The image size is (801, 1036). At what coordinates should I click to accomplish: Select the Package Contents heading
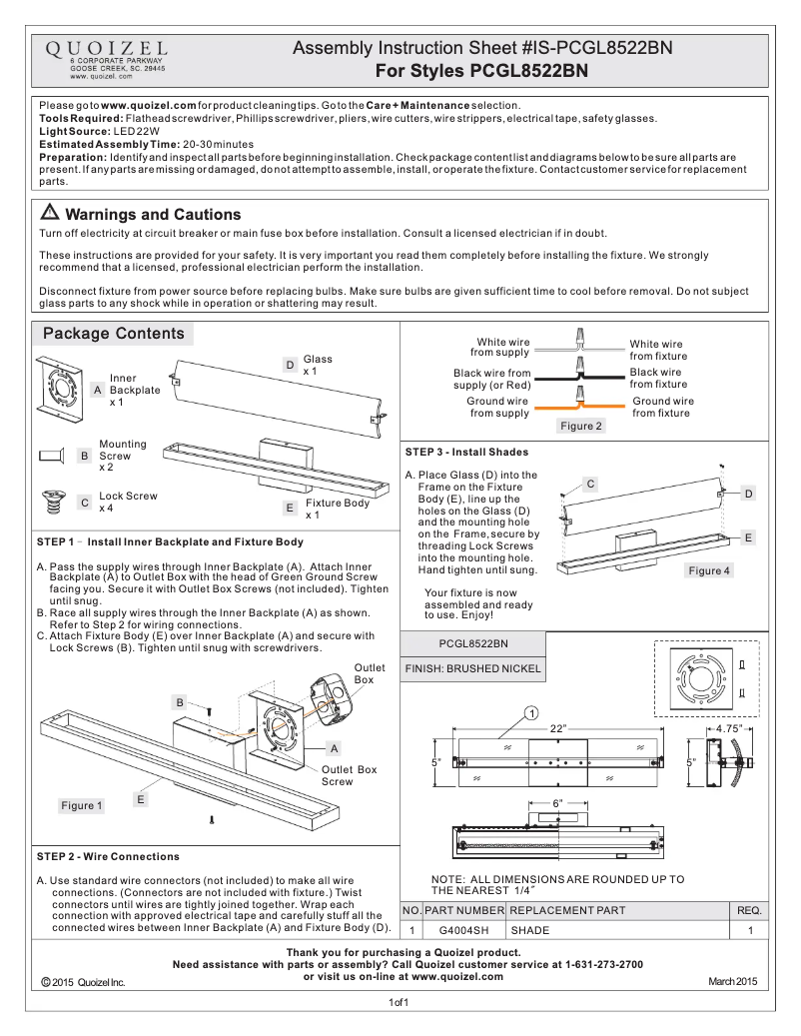[x=113, y=334]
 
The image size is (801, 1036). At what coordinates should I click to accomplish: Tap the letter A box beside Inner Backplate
[x=98, y=390]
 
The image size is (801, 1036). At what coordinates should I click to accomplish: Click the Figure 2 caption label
[x=581, y=426]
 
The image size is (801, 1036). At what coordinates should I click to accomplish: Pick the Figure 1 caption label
[x=82, y=805]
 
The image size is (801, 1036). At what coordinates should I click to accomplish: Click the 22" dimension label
[x=557, y=728]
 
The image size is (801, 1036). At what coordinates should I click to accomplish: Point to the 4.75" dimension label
[x=727, y=729]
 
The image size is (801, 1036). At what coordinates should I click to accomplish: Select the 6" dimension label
[x=558, y=803]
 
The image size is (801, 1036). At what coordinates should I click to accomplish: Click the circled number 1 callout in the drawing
[x=531, y=713]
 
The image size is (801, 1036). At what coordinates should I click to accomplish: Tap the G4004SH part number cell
[x=464, y=930]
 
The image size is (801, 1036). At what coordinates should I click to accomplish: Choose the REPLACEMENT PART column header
[x=567, y=910]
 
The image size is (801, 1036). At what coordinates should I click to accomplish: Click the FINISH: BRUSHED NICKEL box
[x=472, y=668]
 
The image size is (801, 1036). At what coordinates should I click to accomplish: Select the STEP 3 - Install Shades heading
[x=466, y=453]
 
